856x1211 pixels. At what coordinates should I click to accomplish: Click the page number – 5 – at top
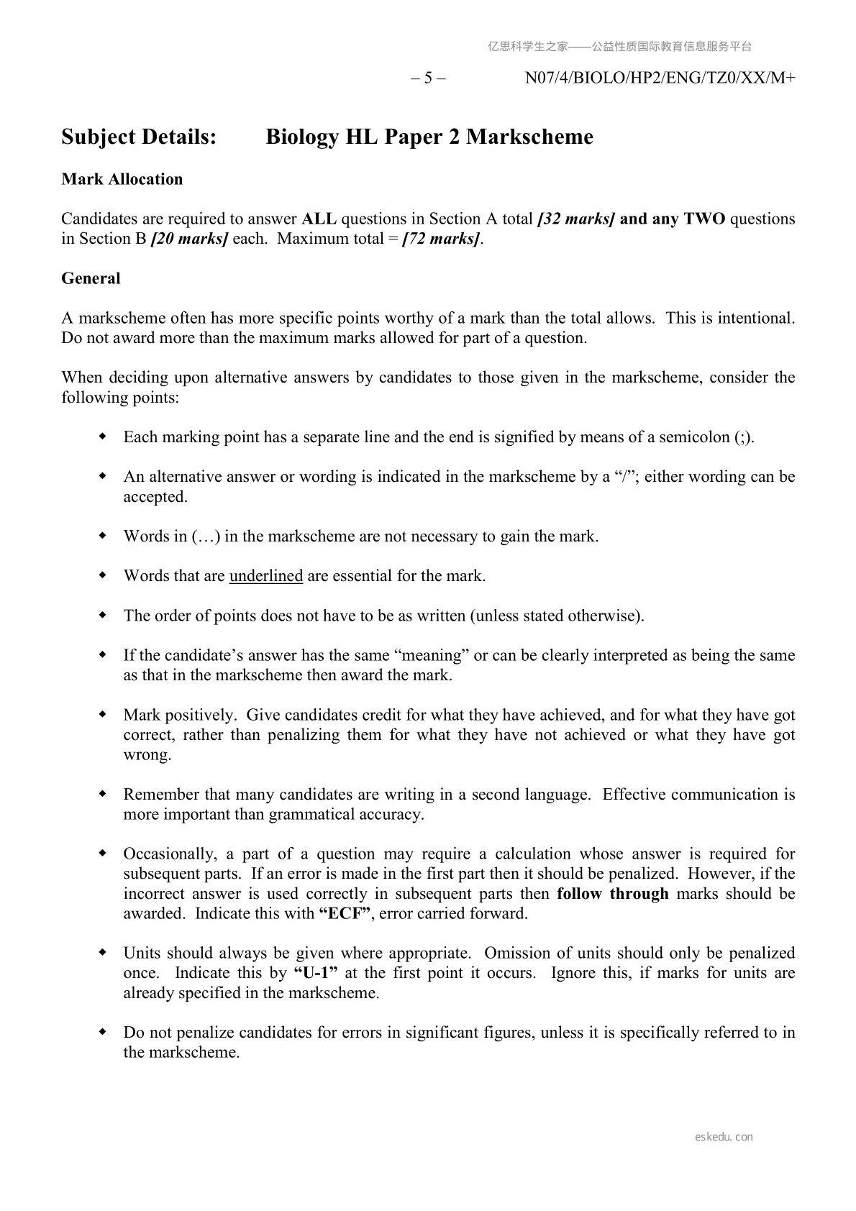[428, 78]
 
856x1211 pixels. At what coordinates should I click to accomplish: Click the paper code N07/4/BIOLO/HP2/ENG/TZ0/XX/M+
[660, 78]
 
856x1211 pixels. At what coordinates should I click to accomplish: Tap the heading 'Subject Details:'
[139, 137]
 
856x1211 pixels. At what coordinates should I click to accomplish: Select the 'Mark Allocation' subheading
[122, 179]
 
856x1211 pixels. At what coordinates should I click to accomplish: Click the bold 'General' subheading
[91, 278]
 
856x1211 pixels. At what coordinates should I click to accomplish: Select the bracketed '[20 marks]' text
[189, 239]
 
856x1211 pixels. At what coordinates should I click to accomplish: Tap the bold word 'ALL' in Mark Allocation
[319, 219]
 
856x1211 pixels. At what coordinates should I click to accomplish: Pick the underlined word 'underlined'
[265, 576]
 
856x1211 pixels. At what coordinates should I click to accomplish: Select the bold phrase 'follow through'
[612, 894]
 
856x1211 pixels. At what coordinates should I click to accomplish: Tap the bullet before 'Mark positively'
[103, 715]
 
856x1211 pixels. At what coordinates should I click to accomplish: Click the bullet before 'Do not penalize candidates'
[103, 1033]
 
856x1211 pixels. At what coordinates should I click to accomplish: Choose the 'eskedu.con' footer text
[724, 1137]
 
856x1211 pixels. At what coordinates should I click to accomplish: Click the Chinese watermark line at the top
[619, 47]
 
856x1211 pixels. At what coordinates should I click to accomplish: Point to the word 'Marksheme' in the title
[529, 137]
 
